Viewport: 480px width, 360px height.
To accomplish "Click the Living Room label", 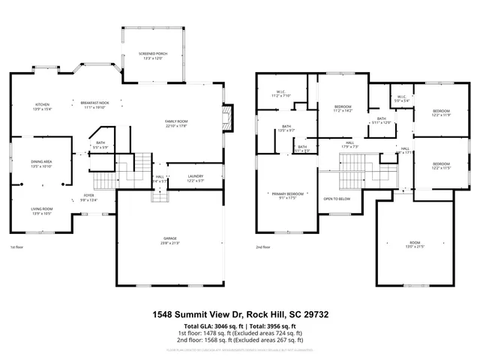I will coord(41,211).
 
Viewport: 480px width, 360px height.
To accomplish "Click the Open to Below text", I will coord(337,199).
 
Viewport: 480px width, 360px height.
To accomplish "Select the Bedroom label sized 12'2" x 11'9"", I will coord(441,112).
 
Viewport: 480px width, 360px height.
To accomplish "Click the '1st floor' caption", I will coord(16,247).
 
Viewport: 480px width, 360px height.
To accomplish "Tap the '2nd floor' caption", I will coord(262,247).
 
